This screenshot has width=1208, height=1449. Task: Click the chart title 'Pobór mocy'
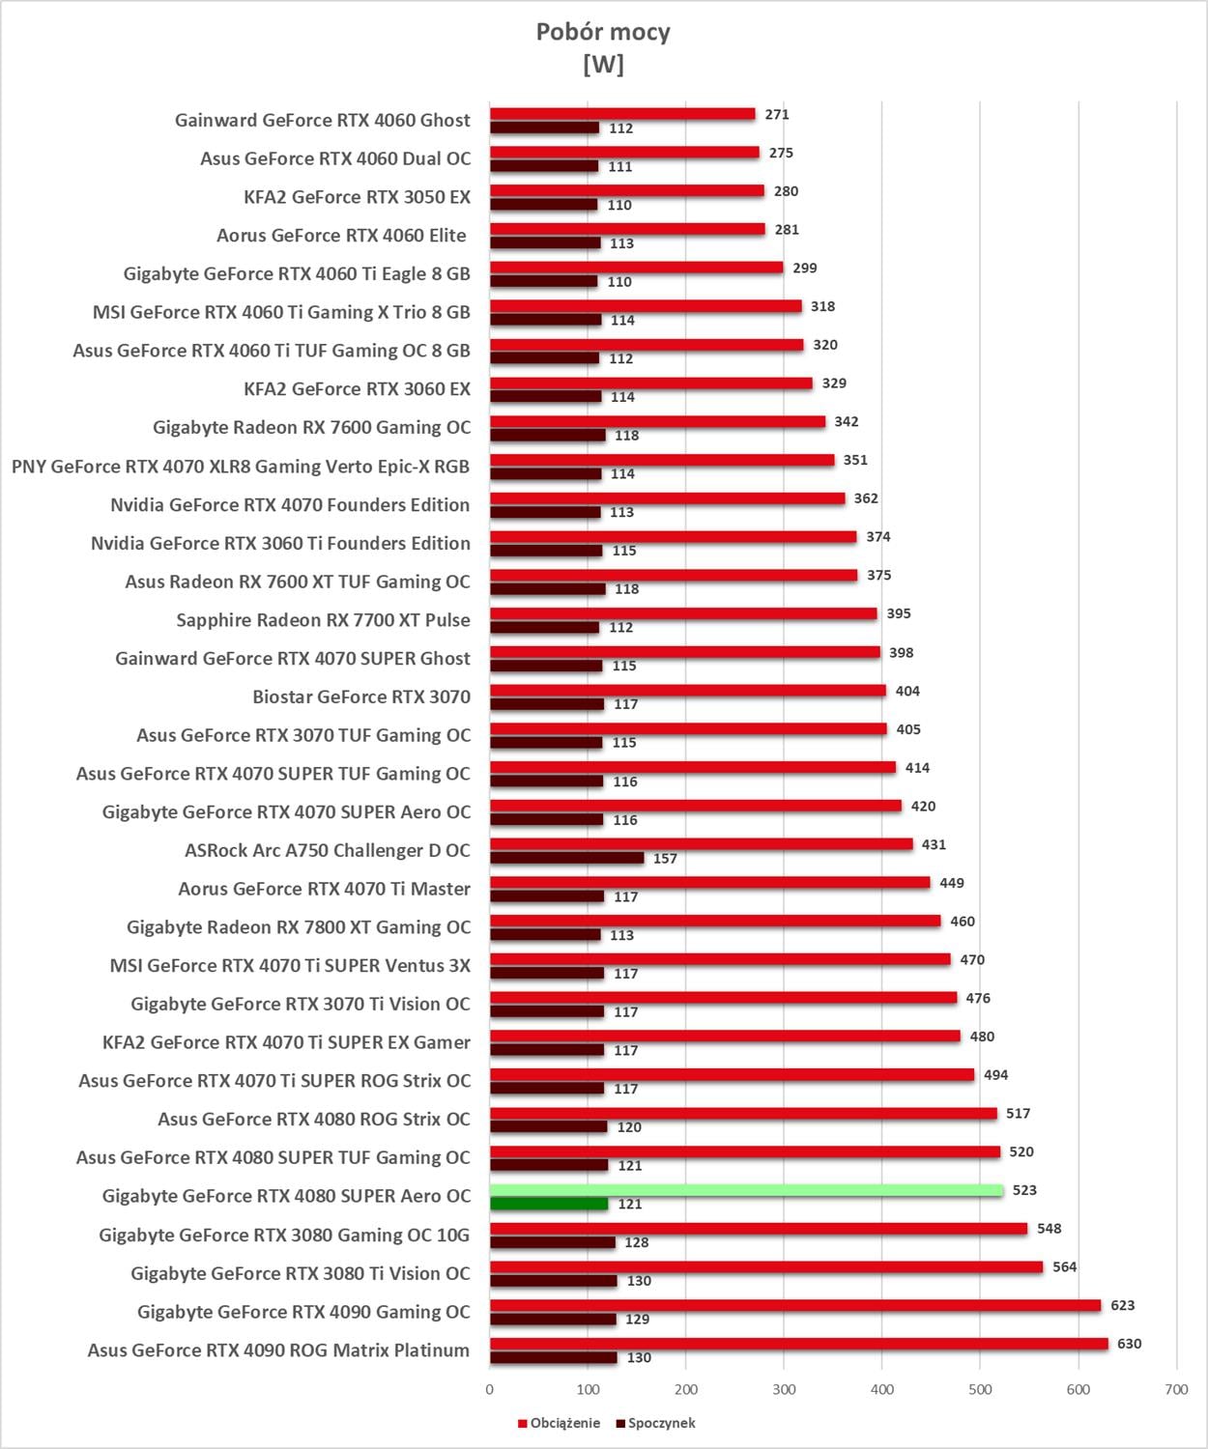click(x=603, y=32)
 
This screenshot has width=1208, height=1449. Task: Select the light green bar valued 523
click(x=746, y=1190)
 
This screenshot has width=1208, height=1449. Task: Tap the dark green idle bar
click(x=548, y=1204)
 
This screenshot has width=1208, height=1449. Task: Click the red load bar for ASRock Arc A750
click(x=701, y=844)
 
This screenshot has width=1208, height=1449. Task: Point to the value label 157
click(x=665, y=859)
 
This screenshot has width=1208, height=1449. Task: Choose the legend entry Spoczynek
click(x=661, y=1423)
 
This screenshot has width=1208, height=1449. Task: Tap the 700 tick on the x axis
click(x=1176, y=1389)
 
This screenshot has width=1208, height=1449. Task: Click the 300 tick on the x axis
click(x=784, y=1389)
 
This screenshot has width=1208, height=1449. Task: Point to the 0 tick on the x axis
click(x=490, y=1389)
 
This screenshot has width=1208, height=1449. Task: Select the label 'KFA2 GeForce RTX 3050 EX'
click(x=357, y=197)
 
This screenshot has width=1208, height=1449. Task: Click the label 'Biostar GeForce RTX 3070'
click(x=361, y=696)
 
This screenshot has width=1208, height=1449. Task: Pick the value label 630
click(x=1129, y=1344)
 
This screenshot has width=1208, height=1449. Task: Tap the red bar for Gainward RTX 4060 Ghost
click(x=622, y=114)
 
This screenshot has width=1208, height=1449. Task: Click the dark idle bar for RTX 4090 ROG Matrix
click(x=553, y=1357)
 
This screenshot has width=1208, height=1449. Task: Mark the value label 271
click(x=777, y=114)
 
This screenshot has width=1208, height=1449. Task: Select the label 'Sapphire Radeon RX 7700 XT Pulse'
click(x=323, y=620)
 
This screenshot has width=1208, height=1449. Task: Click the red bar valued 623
click(x=794, y=1305)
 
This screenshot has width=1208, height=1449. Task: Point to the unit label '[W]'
click(x=603, y=65)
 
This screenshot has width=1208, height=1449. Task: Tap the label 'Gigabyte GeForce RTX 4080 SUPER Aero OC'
click(x=286, y=1196)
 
